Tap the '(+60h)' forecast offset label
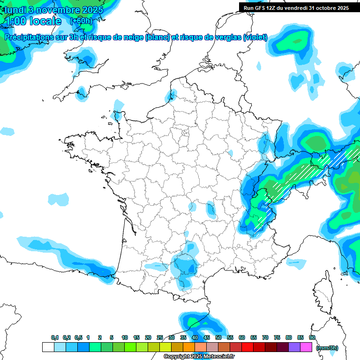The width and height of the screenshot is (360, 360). (x=81, y=21)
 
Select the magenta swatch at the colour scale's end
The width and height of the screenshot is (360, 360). (x=306, y=347)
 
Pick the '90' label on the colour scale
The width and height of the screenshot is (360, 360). (x=312, y=337)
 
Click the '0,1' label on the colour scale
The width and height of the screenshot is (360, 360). (x=55, y=337)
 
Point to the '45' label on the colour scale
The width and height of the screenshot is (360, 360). (x=207, y=337)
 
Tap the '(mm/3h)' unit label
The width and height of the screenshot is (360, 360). (x=327, y=348)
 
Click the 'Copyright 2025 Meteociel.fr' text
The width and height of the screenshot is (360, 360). (x=199, y=357)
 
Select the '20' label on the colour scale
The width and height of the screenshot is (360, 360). (x=148, y=337)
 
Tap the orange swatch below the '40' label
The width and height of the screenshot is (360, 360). (x=189, y=347)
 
